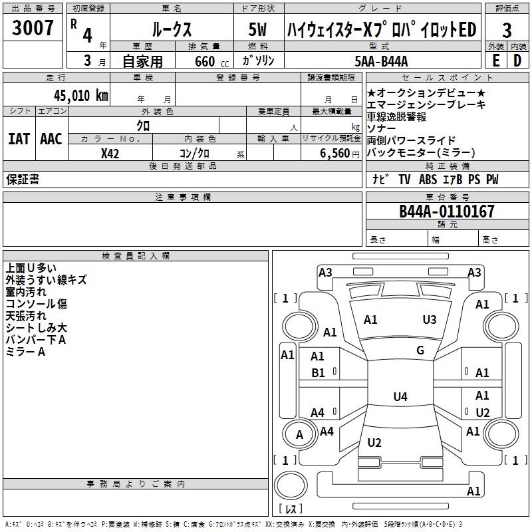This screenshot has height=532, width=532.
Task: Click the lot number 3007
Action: tap(33, 29)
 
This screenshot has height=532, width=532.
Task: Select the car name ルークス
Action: tap(171, 30)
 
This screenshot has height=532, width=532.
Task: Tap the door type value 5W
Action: tap(259, 30)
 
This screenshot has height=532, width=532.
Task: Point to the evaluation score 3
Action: tap(507, 30)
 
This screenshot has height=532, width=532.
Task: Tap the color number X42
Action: tap(110, 154)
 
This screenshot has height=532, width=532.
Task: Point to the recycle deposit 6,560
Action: tap(335, 154)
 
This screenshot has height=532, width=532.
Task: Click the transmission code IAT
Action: tap(19, 139)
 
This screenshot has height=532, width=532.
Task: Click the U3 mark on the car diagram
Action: tap(430, 320)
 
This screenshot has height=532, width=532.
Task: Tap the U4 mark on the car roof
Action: tap(400, 397)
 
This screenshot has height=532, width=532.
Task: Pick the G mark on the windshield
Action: tap(420, 350)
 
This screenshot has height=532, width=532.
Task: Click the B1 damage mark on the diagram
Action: tap(318, 373)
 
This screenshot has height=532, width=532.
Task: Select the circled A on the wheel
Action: tap(299, 434)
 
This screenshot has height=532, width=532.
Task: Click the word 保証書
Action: tap(23, 180)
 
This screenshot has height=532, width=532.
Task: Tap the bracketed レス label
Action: tap(291, 510)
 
